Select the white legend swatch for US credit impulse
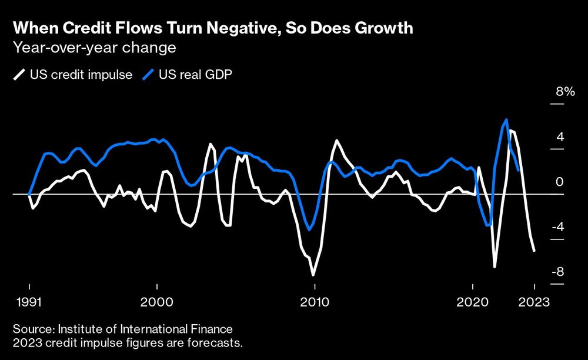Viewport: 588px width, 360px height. tap(19, 75)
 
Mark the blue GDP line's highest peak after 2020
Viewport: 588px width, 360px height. tap(506, 119)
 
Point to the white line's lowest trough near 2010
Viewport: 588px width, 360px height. tap(313, 275)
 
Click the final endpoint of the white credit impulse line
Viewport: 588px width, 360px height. tap(534, 251)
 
